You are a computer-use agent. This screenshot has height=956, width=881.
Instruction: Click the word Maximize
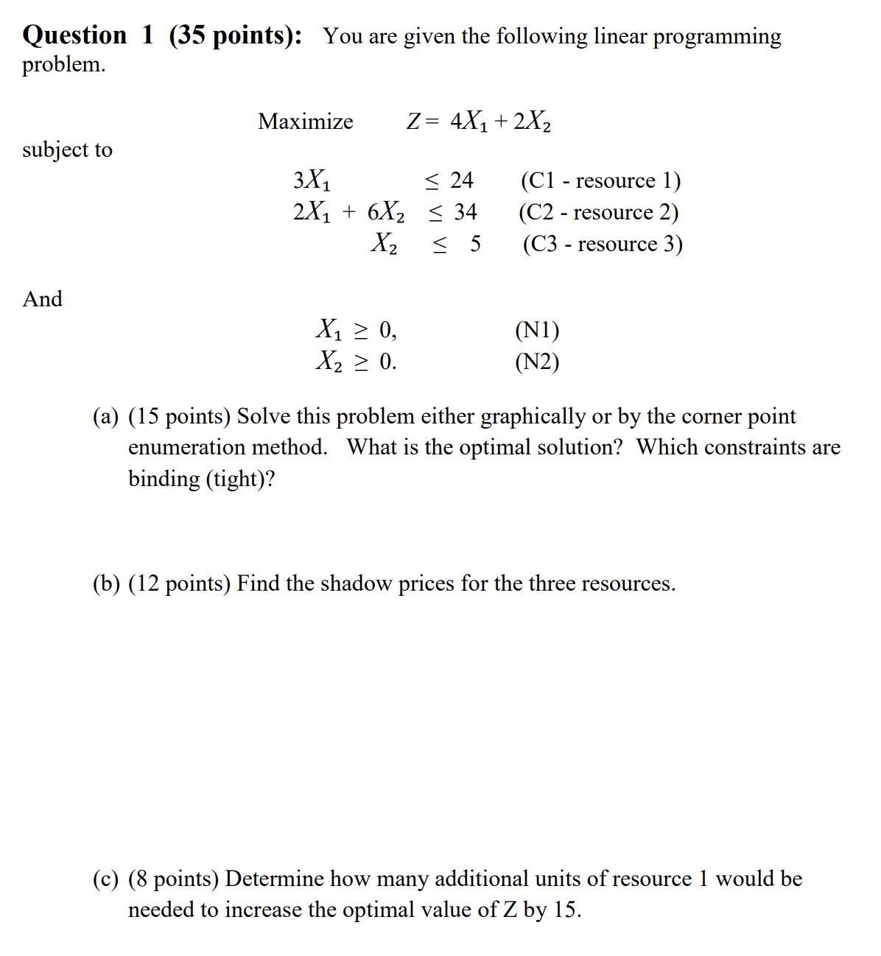click(x=305, y=122)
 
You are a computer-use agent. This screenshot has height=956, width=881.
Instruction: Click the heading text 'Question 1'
click(x=88, y=35)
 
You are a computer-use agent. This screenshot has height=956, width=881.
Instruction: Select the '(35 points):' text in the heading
click(x=235, y=35)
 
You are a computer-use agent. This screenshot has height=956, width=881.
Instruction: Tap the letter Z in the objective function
click(x=413, y=122)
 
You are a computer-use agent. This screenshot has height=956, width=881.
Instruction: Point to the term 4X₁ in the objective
click(x=468, y=122)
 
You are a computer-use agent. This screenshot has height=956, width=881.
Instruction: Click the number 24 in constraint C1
click(x=461, y=180)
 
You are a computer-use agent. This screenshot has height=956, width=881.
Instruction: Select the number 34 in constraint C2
click(x=465, y=212)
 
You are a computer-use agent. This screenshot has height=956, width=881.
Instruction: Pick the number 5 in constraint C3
click(x=475, y=244)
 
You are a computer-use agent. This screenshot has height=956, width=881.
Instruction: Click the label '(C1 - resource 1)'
click(x=600, y=180)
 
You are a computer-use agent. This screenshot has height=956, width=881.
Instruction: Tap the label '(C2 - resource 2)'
click(x=598, y=212)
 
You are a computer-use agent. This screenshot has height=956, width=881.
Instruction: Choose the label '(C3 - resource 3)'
click(x=603, y=244)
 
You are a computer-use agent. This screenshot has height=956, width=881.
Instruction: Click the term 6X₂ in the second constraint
click(x=385, y=212)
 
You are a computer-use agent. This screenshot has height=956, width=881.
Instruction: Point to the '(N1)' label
click(x=537, y=330)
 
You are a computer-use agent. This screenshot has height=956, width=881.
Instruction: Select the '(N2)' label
click(x=537, y=362)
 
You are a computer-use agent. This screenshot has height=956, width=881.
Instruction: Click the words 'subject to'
click(x=67, y=150)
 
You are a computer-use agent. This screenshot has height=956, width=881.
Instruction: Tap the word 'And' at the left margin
click(x=42, y=299)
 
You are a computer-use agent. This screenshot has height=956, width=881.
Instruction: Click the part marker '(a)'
click(x=105, y=417)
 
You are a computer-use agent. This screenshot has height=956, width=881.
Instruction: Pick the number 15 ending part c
click(x=564, y=910)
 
